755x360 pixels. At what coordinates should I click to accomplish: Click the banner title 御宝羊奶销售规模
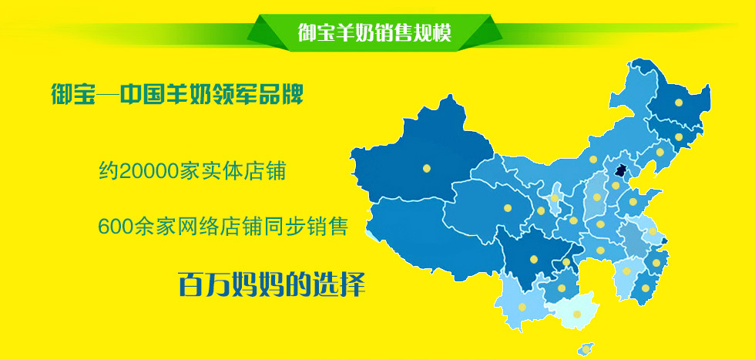click(x=374, y=33)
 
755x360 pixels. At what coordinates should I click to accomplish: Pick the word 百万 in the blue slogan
click(x=204, y=284)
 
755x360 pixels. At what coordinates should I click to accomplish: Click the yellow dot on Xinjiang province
click(x=427, y=168)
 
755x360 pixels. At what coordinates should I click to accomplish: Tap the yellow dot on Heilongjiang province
click(x=679, y=103)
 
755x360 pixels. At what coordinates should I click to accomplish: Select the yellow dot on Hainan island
click(x=586, y=348)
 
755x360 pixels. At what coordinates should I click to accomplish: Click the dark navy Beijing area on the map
click(x=622, y=171)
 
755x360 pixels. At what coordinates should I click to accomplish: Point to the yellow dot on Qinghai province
click(x=508, y=208)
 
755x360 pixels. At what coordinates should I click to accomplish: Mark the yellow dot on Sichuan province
click(x=533, y=259)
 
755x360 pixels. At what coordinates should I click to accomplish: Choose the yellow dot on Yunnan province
click(x=522, y=307)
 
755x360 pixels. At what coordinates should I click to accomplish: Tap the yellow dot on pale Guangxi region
click(x=577, y=315)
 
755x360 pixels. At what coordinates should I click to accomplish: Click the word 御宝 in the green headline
click(x=72, y=95)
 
